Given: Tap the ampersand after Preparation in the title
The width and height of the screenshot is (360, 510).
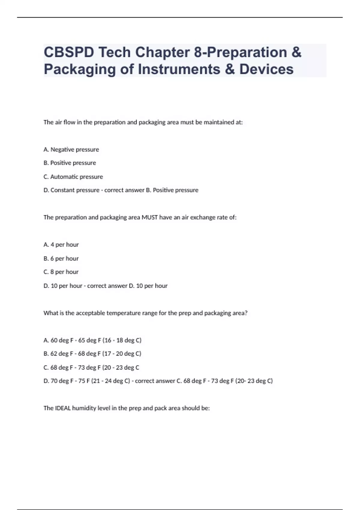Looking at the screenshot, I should coord(296,52).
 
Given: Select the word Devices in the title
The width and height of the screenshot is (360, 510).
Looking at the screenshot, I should coord(266,69).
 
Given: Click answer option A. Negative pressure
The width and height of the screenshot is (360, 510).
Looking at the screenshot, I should coord(71,149).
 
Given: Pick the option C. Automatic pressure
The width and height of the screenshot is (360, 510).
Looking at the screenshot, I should coord(73,177).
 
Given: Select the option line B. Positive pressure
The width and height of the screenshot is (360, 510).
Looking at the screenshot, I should coord(70,163).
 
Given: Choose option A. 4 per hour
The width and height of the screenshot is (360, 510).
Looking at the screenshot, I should coord(61,245).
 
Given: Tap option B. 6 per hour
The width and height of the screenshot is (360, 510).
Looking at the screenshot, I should coord(61,258).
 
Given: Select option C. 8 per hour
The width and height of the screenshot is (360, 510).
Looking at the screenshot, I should coord(61,272).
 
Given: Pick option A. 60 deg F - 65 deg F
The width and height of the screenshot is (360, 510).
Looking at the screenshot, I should coord(92,340).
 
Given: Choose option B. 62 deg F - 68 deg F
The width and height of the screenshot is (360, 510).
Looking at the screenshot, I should coord(92,354).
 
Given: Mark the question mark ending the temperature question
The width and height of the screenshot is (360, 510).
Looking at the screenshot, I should coord(246,313).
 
